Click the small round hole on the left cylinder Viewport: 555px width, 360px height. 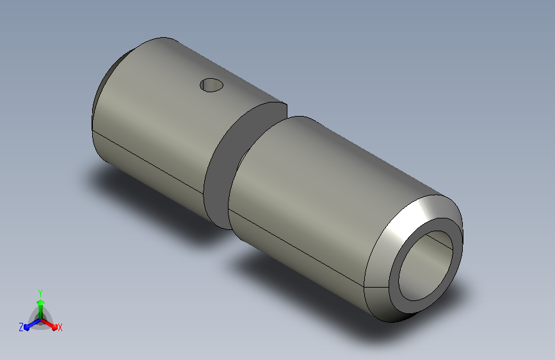(211, 85)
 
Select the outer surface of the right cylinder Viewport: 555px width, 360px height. (319, 195)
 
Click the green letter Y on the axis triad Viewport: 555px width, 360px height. (40, 293)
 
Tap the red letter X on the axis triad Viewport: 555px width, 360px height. (60, 327)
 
